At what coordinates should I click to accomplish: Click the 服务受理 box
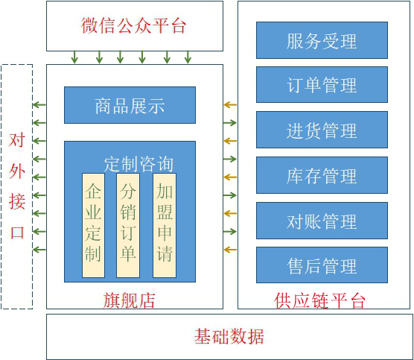pyautogui.click(x=322, y=40)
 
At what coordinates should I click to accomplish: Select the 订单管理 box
pyautogui.click(x=322, y=84)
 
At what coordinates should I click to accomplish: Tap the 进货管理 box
pyautogui.click(x=322, y=130)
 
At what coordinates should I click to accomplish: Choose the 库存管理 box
pyautogui.click(x=322, y=175)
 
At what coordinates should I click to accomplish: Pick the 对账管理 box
pyautogui.click(x=322, y=221)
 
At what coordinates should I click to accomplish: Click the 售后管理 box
pyautogui.click(x=322, y=265)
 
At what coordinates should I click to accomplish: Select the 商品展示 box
pyautogui.click(x=130, y=105)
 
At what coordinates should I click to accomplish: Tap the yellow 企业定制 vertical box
pyautogui.click(x=93, y=225)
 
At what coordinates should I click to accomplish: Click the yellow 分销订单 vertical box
pyautogui.click(x=128, y=225)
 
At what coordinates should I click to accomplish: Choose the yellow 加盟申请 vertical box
pyautogui.click(x=165, y=225)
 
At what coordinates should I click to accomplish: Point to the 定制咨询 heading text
pyautogui.click(x=138, y=164)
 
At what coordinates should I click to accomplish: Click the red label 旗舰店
pyautogui.click(x=129, y=300)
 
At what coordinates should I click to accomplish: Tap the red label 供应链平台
pyautogui.click(x=319, y=300)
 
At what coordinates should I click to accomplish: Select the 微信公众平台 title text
pyautogui.click(x=133, y=25)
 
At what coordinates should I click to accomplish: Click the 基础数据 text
pyautogui.click(x=229, y=336)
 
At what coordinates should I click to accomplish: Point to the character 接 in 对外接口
pyautogui.click(x=17, y=201)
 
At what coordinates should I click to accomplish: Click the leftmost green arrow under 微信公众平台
pyautogui.click(x=74, y=57)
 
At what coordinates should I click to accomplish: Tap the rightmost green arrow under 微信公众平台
pyautogui.click(x=188, y=57)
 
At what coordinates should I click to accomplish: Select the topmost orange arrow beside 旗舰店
pyautogui.click(x=230, y=105)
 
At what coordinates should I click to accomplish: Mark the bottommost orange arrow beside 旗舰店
pyautogui.click(x=230, y=249)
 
